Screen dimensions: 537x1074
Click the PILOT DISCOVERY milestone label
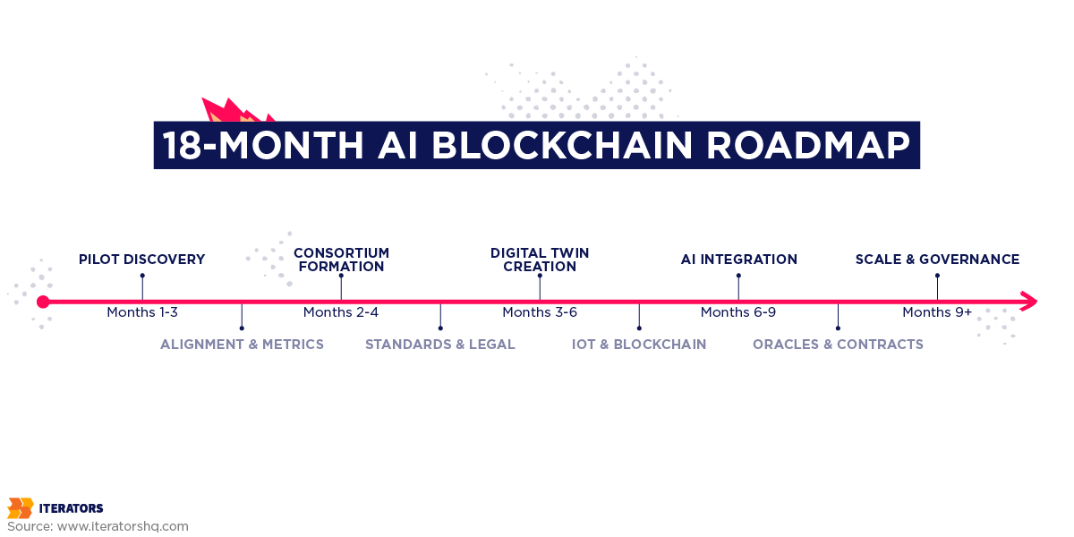(141, 260)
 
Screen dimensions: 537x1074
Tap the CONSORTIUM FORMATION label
(341, 260)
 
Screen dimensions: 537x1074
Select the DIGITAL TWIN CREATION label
(540, 260)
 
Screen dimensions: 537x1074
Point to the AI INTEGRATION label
(738, 260)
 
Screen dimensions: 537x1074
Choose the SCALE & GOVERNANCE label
(937, 260)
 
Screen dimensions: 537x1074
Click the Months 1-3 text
(142, 312)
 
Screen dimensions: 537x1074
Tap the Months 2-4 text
(341, 312)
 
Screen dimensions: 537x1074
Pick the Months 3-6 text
(540, 312)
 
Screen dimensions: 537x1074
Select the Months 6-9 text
(738, 312)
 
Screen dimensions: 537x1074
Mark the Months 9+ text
(937, 312)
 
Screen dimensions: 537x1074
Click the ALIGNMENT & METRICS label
(242, 345)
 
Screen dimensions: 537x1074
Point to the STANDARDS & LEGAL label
(440, 345)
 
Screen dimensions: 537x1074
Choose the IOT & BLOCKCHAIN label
(639, 345)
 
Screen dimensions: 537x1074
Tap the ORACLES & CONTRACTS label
(838, 345)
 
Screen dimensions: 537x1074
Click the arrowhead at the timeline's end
(1028, 302)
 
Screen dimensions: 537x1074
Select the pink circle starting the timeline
(43, 302)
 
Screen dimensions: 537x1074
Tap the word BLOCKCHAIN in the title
(555, 145)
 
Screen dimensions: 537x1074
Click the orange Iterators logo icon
(20, 508)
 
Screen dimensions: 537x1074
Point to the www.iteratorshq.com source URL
(123, 526)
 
